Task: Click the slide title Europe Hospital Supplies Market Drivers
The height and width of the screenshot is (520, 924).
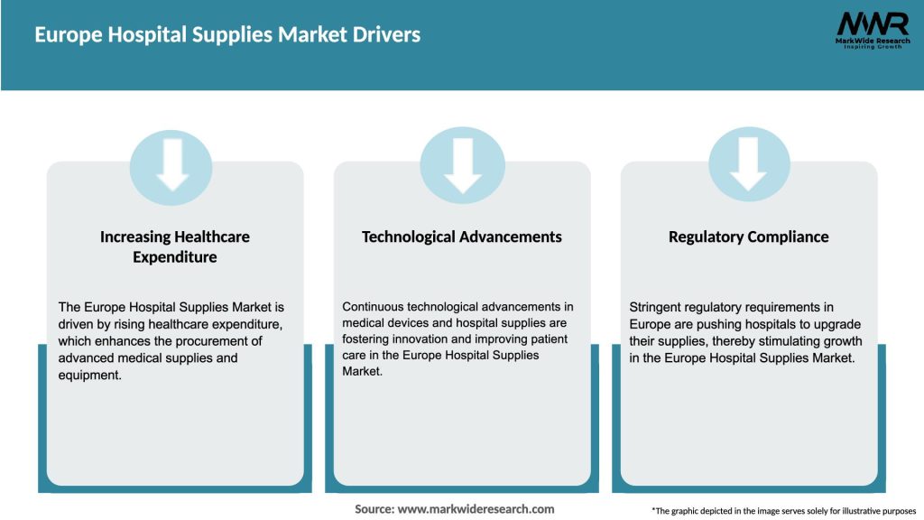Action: pos(227,35)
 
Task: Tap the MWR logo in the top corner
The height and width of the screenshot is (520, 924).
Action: pos(872,23)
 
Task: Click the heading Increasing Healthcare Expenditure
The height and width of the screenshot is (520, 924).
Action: pos(175,246)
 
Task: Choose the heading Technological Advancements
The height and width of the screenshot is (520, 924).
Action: pos(462,237)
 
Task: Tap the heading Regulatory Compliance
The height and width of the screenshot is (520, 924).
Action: pos(748,237)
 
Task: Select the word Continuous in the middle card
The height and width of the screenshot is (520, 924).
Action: pos(374,308)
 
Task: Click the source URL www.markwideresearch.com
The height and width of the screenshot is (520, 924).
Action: pos(476,509)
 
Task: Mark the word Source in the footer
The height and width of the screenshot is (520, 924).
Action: pos(374,509)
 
